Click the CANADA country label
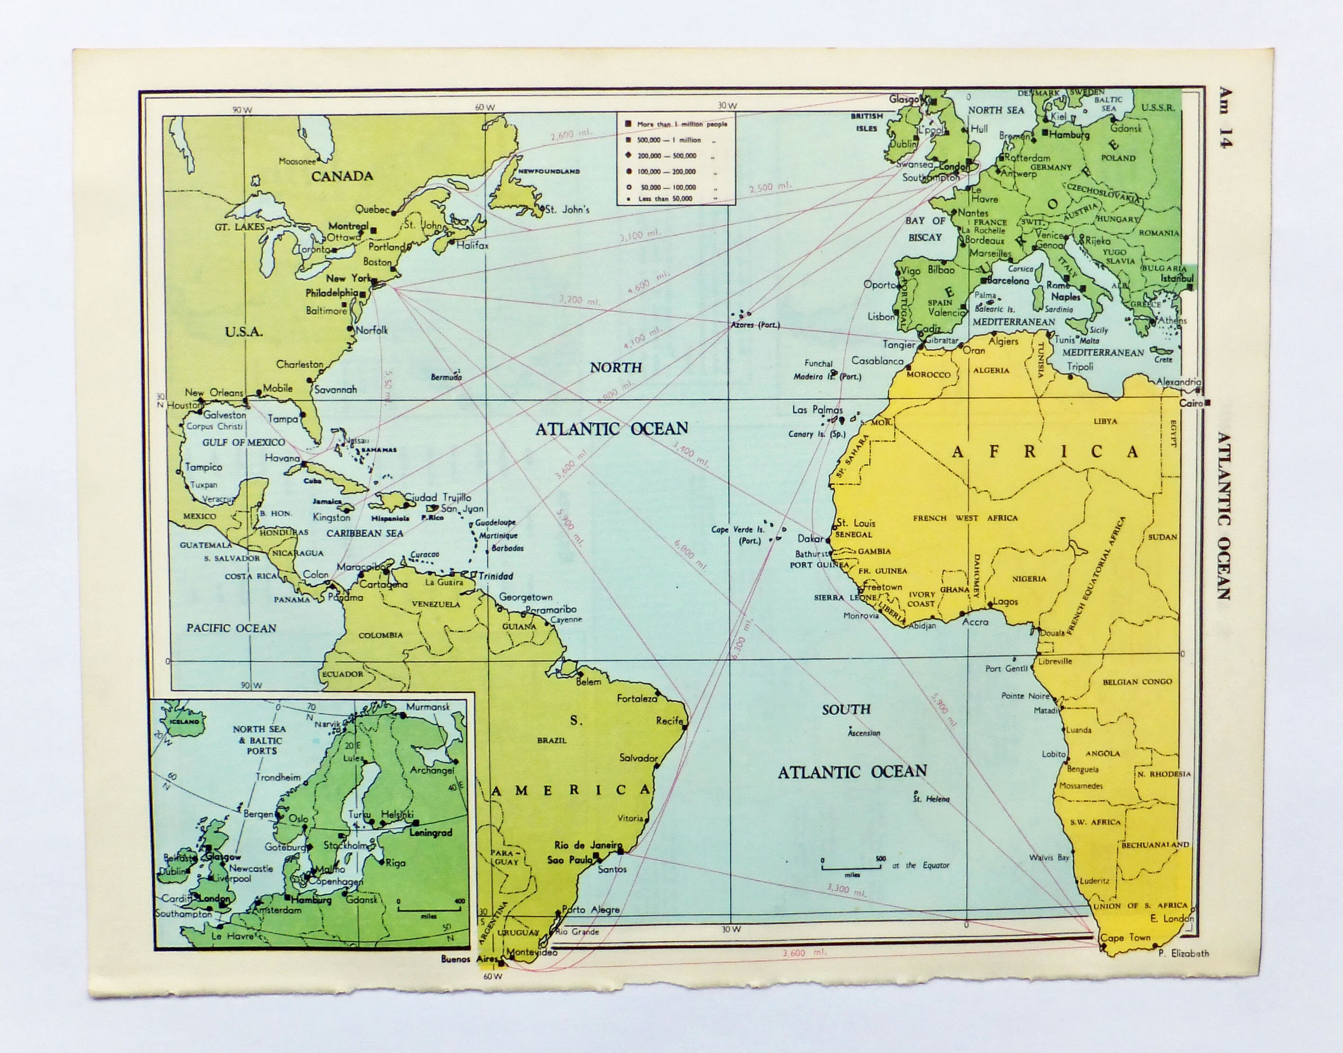342,176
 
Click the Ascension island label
864,733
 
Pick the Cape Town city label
1125,938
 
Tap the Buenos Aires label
469,959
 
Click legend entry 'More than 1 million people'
681,124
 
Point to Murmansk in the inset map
428,707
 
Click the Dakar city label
810,539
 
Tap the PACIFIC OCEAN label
231,628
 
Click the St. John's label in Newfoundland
567,210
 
